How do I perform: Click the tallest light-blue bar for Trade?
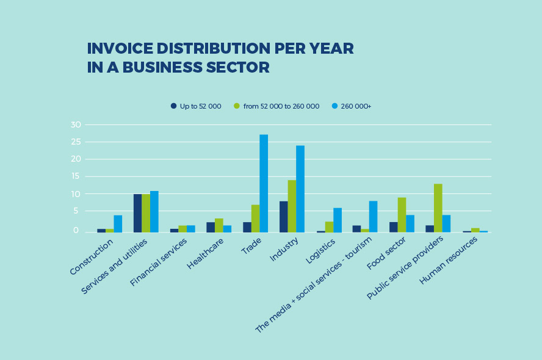tap(264, 183)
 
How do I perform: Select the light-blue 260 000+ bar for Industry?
tap(300, 189)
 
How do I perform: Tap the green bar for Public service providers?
tap(438, 207)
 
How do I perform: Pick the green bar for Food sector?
tap(402, 215)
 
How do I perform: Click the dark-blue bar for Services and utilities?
tap(137, 213)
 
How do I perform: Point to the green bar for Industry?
tap(292, 206)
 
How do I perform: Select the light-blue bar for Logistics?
tap(338, 220)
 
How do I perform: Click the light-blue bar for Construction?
tap(118, 223)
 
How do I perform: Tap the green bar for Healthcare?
tap(219, 225)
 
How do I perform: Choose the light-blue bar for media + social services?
tap(373, 217)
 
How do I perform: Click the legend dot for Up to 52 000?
tap(173, 106)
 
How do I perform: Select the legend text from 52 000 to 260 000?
tap(281, 106)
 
